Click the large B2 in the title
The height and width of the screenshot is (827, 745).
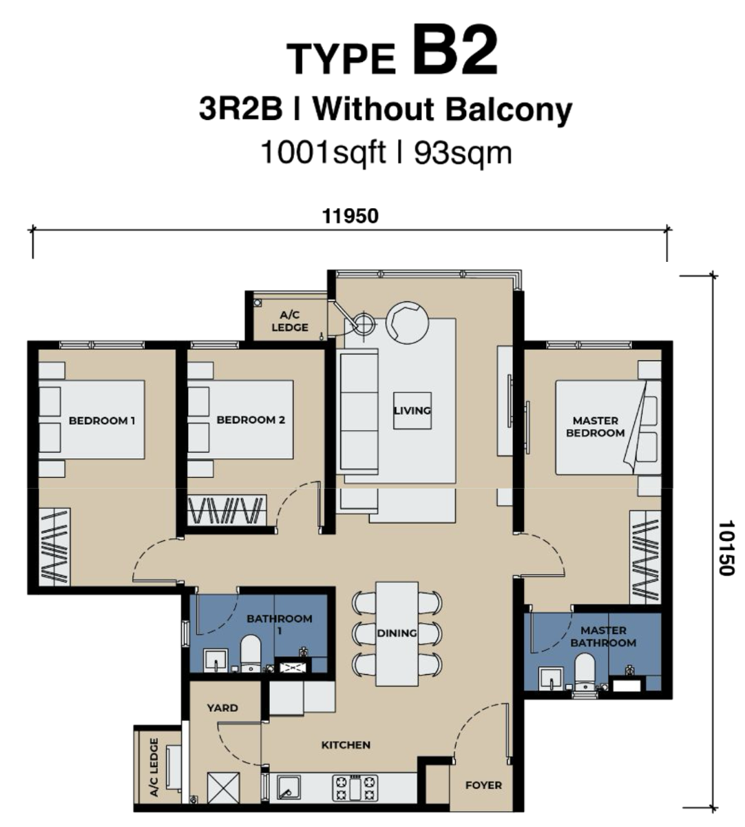pos(454,52)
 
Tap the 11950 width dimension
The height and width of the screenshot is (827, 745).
pos(350,216)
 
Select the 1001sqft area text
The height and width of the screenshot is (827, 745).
pos(323,153)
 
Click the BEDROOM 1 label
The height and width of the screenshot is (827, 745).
pos(102,421)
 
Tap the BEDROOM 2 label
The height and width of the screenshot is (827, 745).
pos(251,420)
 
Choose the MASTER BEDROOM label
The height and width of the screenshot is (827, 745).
pos(596,427)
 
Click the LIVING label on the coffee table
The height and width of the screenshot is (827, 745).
pos(412,411)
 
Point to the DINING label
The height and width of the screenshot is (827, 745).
pos(397,633)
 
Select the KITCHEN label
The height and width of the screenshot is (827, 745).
pos(346,745)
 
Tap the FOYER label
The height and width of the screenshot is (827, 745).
pos(484,786)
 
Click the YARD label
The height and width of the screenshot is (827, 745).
pos(222,708)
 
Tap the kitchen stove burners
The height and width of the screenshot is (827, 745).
pos(355,788)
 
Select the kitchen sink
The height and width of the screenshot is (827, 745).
pos(288,788)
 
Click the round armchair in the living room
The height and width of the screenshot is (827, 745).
pos(407,323)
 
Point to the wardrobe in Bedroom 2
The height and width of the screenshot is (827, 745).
pos(227,511)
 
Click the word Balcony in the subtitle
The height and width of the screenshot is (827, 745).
pos(509,110)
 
